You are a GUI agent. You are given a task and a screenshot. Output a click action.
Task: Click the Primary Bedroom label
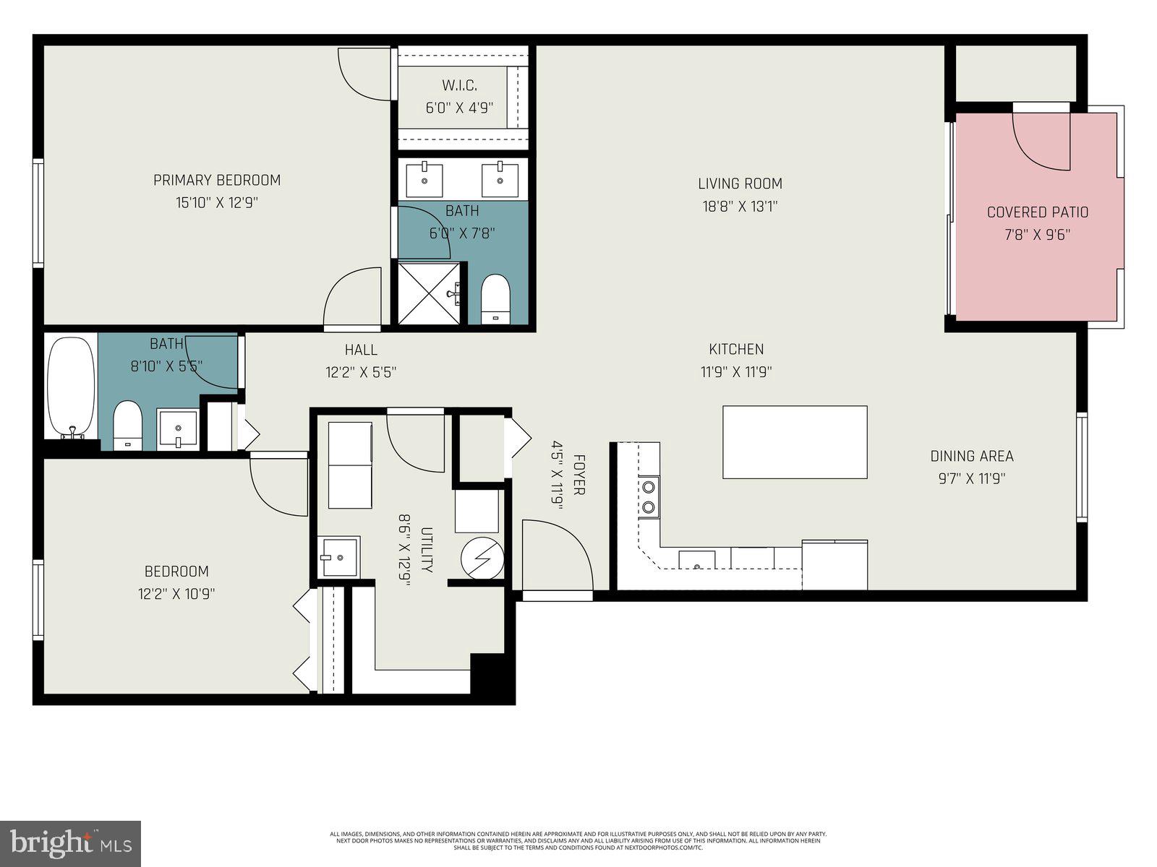click(217, 180)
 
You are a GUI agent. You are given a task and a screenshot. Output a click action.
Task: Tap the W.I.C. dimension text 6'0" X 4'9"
click(459, 108)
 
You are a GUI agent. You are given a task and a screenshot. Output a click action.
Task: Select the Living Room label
click(740, 184)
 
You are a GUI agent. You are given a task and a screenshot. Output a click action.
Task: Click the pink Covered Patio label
click(1037, 212)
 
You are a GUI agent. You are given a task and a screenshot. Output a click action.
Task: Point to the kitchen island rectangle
click(795, 441)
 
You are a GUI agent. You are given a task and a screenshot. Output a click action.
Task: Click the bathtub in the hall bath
click(71, 388)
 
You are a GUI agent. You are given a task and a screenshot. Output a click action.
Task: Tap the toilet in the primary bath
click(495, 298)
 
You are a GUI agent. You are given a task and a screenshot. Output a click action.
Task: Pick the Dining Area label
click(971, 456)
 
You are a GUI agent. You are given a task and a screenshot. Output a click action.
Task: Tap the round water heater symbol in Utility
click(482, 558)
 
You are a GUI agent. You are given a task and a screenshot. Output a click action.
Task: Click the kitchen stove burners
click(649, 497)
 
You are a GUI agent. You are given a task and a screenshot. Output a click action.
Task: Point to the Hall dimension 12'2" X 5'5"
click(361, 372)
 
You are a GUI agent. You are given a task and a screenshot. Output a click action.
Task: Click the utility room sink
click(338, 557)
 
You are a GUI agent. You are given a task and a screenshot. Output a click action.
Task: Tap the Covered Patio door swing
click(1041, 141)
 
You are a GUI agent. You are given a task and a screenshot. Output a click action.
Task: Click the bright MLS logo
click(71, 843)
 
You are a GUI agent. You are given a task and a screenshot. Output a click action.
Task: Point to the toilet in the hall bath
click(127, 426)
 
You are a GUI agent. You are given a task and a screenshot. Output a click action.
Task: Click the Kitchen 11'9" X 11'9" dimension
click(736, 372)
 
